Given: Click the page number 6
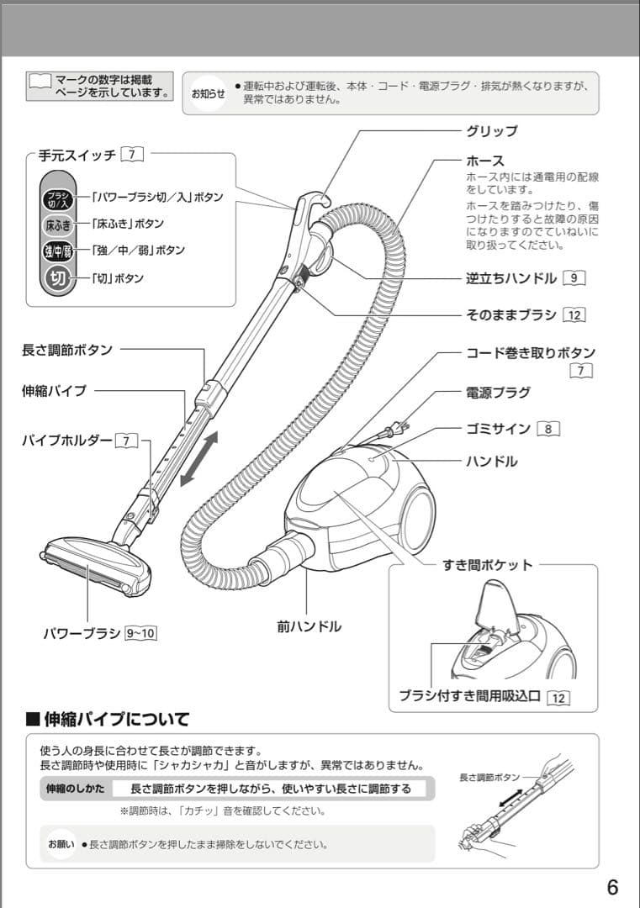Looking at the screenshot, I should [x=611, y=886].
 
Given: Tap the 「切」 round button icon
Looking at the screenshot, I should [x=58, y=278].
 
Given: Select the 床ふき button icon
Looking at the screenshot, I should [x=58, y=224].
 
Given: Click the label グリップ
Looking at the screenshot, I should [x=492, y=131].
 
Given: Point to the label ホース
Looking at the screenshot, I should [x=485, y=161].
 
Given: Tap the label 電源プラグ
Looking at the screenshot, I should [x=499, y=393].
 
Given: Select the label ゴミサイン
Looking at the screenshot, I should [x=499, y=429].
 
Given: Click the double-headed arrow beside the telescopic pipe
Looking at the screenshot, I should [x=199, y=458].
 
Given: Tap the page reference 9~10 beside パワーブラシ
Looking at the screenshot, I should [x=140, y=633].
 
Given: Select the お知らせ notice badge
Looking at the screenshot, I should [x=208, y=93].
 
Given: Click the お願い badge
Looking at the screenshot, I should [x=61, y=843].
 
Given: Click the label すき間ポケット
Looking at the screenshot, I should [x=488, y=565].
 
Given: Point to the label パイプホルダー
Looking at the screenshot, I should [x=66, y=441].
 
